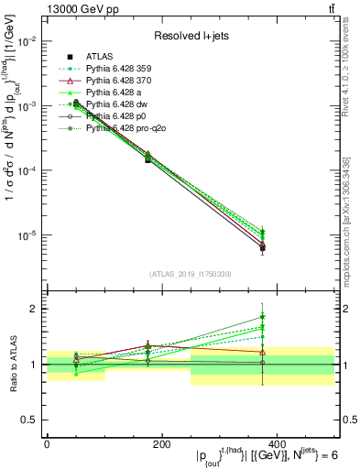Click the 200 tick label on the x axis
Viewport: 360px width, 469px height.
(161, 443)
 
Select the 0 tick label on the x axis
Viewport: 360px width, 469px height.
(47, 443)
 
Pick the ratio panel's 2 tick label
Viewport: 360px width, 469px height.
(37, 309)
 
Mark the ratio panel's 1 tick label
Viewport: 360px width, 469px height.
(37, 365)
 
